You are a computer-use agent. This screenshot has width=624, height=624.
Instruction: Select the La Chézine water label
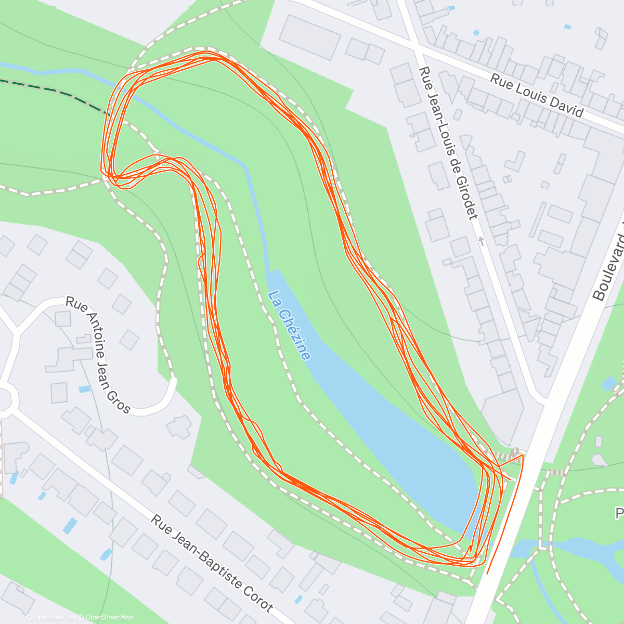tap(289, 326)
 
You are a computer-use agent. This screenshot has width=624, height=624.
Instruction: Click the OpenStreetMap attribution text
tap(109, 617)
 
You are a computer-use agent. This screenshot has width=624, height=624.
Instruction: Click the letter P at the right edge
tap(619, 514)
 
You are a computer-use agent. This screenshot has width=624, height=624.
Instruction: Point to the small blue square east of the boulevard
tap(608, 384)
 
